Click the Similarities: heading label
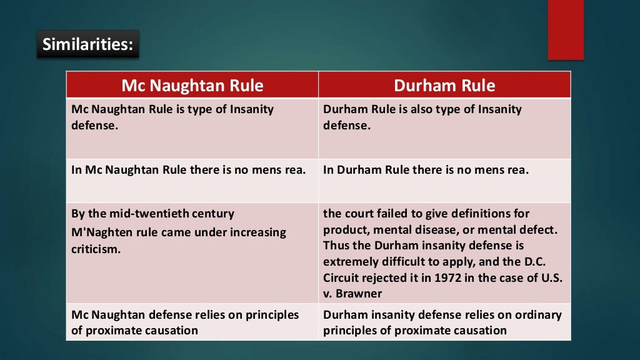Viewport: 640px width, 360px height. click(87, 45)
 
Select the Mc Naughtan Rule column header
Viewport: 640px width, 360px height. click(192, 85)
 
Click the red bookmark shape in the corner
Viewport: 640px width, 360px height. click(565, 30)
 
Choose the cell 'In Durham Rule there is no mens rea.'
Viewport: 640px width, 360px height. click(426, 170)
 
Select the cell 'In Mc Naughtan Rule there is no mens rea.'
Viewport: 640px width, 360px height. click(189, 170)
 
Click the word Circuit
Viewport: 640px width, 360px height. click(342, 278)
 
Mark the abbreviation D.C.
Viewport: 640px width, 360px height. click(548, 262)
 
